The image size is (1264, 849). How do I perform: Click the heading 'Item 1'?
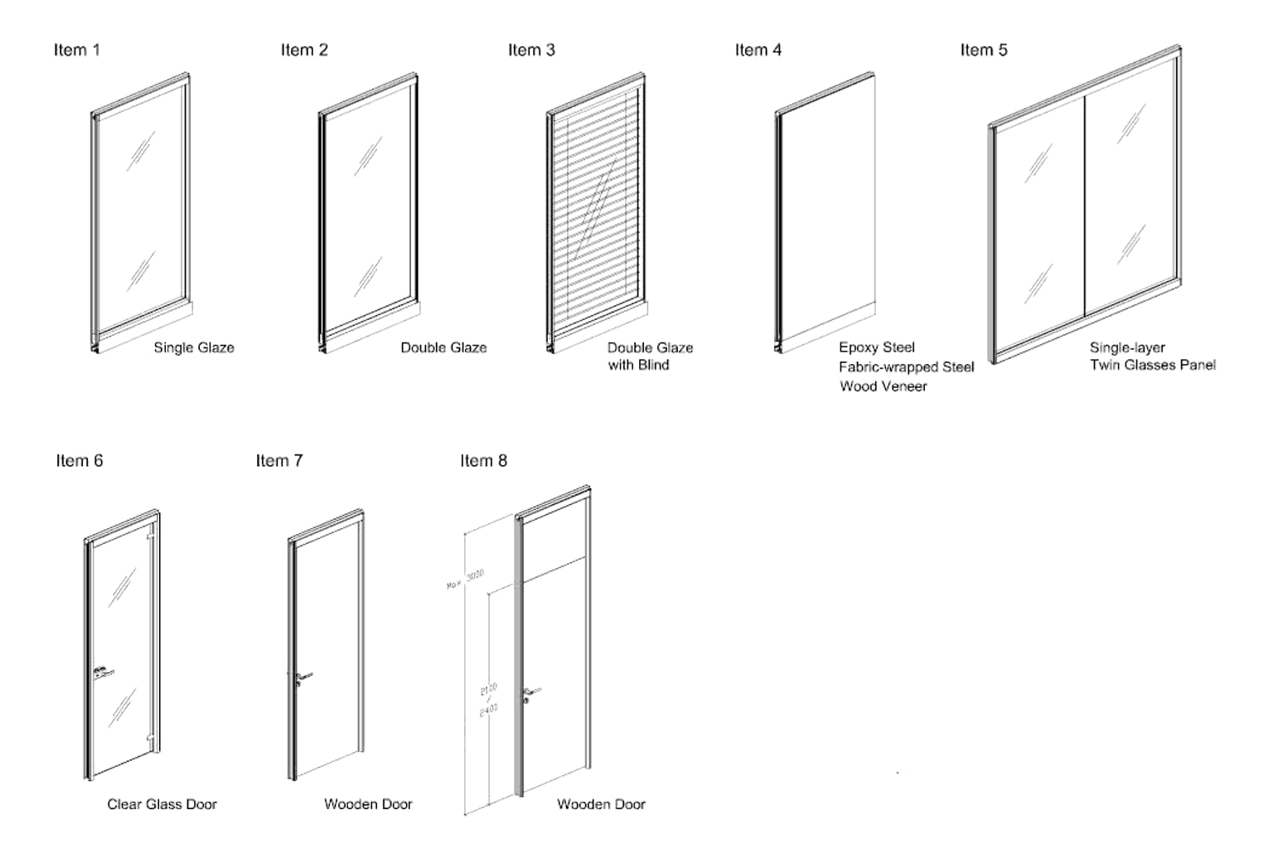[x=76, y=50]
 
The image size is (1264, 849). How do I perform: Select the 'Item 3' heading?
[x=531, y=50]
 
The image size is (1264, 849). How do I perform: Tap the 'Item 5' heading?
[x=984, y=50]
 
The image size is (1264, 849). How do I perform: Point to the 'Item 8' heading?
[x=483, y=460]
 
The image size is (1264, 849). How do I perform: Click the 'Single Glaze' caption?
[x=194, y=347]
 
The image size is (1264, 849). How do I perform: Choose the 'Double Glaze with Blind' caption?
[x=650, y=356]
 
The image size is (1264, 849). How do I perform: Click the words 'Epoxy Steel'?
[x=876, y=347]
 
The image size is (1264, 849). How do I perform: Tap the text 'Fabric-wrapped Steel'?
[x=906, y=366]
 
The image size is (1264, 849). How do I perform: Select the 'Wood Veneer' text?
[x=883, y=386]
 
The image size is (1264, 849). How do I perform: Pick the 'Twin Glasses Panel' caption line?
[x=1152, y=365]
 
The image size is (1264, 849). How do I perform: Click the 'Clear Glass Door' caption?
[x=162, y=803]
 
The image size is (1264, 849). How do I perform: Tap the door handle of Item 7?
[x=303, y=677]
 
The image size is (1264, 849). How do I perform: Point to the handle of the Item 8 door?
[x=530, y=691]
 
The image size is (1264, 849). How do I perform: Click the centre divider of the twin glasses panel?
[x=1085, y=204]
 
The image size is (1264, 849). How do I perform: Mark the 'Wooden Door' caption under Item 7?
[x=368, y=803]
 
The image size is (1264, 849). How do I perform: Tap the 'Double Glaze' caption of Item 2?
[x=443, y=347]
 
